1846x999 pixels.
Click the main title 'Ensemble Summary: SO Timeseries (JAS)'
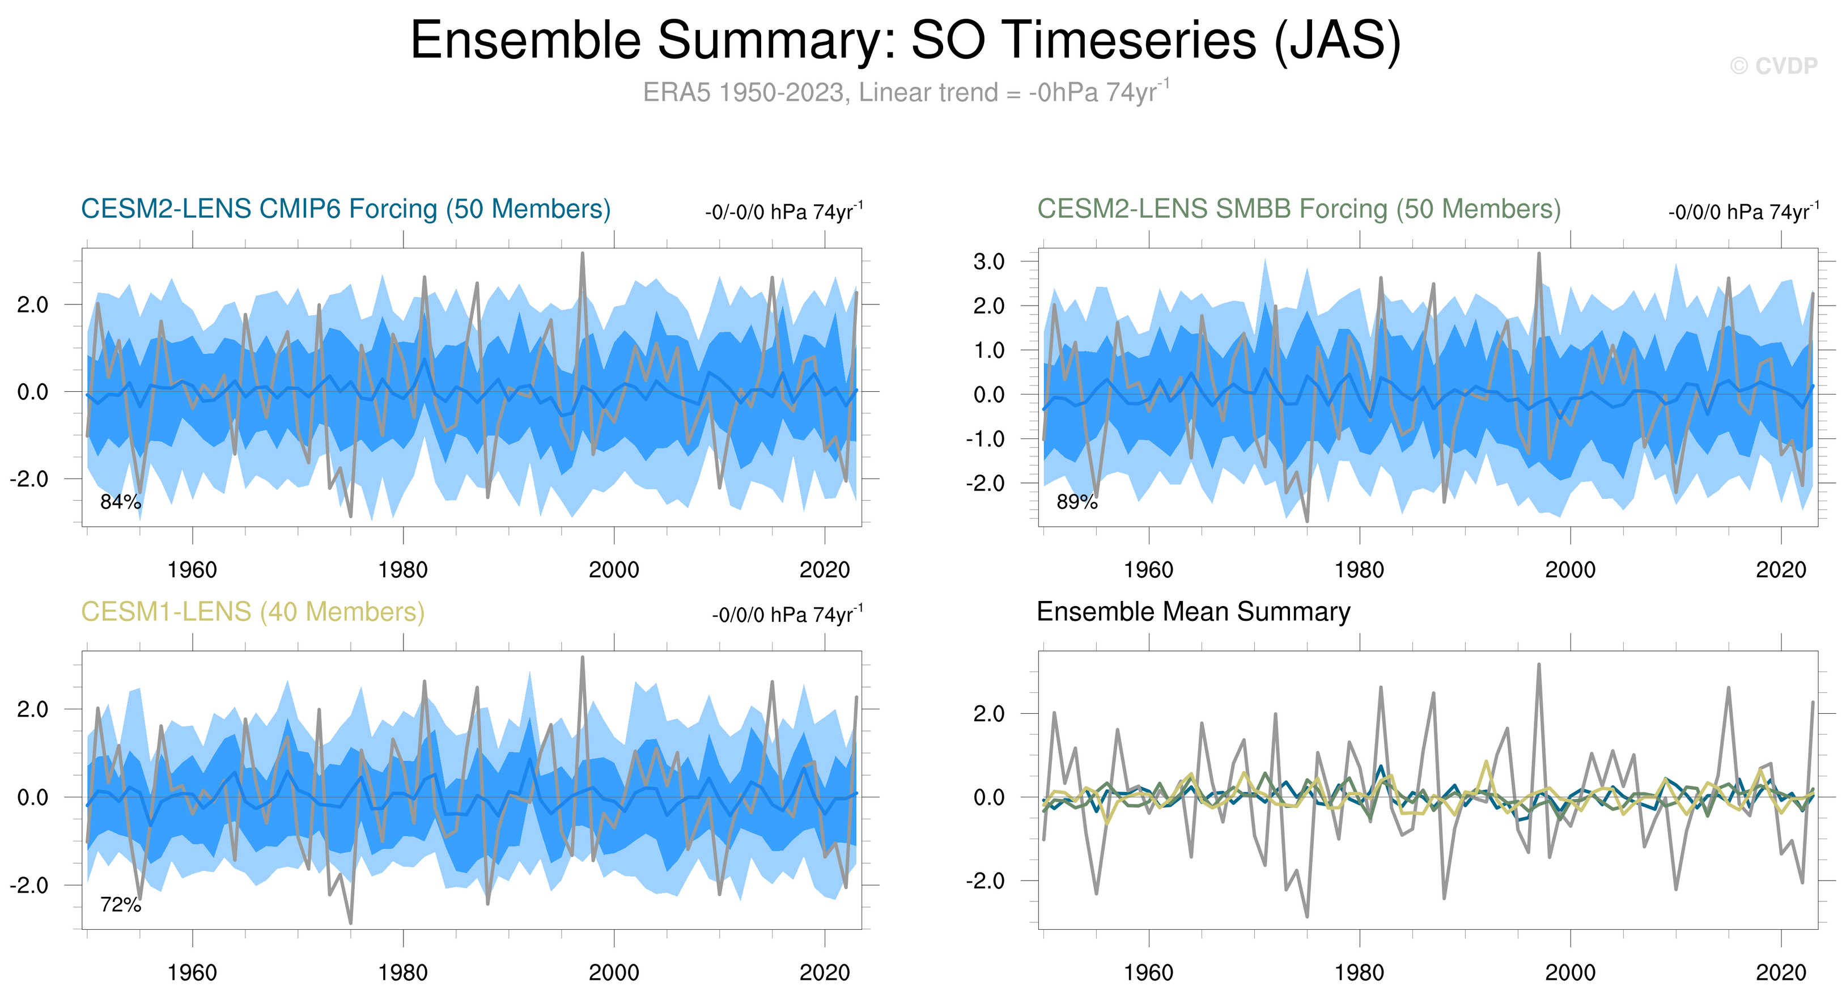point(905,40)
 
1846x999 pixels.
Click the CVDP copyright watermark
point(1773,66)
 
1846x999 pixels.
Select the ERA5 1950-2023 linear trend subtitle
point(905,92)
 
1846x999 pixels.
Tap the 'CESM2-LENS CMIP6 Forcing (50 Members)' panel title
point(345,209)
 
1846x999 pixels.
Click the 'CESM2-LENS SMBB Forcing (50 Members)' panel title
point(1298,209)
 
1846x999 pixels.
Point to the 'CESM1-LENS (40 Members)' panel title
point(252,611)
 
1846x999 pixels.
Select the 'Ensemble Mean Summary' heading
point(1193,611)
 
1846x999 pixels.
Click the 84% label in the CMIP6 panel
point(120,502)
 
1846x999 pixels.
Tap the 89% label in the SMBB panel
point(1076,502)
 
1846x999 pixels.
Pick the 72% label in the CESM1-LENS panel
point(120,904)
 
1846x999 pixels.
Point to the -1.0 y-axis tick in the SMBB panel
point(985,439)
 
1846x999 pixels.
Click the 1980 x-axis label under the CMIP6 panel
point(403,570)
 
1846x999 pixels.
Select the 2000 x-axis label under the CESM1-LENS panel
point(613,972)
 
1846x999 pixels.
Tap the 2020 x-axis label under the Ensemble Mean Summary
point(1781,972)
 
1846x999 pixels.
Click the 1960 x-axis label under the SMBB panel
point(1148,570)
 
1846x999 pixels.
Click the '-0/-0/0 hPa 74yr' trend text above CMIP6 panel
point(783,212)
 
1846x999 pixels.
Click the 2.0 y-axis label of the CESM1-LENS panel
point(32,709)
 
